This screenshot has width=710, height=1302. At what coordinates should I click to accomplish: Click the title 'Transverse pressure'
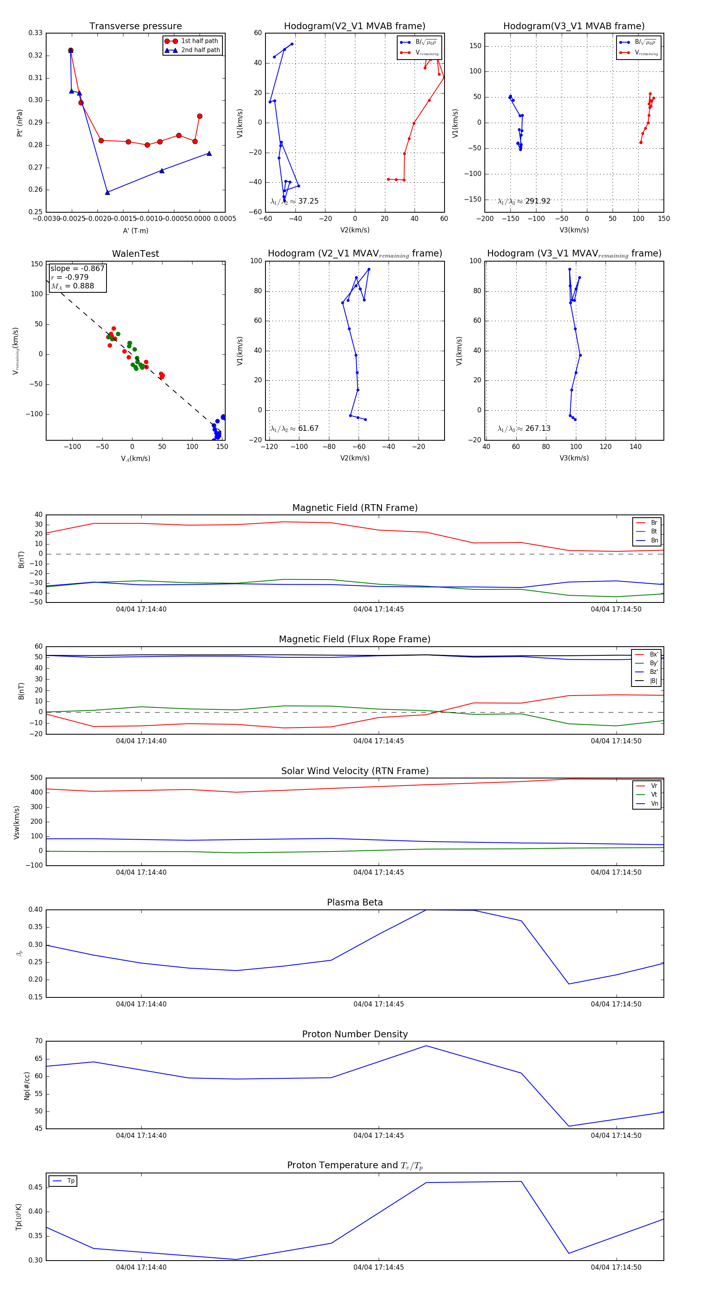135,26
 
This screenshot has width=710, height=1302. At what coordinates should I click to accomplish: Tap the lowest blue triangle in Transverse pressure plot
107,193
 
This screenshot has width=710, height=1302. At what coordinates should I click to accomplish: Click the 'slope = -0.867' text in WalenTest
77,268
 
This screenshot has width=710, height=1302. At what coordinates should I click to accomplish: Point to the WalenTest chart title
135,254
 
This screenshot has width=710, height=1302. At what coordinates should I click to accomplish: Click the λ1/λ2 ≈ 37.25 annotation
295,201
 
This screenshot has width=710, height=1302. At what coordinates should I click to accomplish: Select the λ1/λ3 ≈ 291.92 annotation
524,201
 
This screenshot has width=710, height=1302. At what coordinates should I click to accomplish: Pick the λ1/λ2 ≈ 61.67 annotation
295,428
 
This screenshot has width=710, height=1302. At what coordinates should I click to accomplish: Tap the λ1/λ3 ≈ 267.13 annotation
524,428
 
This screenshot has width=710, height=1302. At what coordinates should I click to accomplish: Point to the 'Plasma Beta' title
355,902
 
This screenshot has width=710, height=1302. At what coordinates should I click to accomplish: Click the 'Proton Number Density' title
355,1034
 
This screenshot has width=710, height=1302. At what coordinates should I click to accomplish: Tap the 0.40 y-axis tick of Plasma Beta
35,910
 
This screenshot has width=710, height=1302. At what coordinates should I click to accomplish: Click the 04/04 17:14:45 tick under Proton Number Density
379,1135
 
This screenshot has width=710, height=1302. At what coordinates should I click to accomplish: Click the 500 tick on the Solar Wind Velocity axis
36,778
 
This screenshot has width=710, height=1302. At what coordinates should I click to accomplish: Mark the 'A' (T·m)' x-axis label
135,231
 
